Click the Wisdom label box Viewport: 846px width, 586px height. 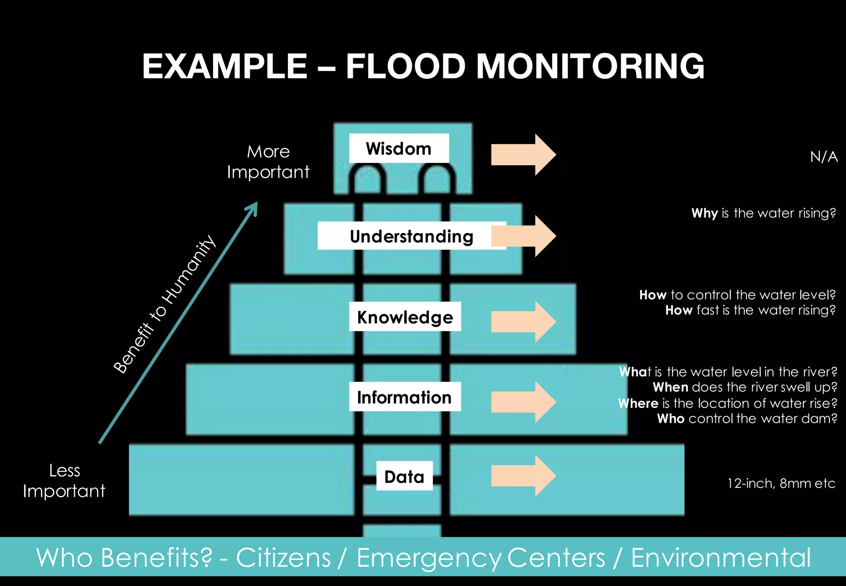pyautogui.click(x=399, y=148)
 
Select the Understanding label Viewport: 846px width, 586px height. pyautogui.click(x=411, y=236)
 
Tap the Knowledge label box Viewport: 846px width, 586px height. pyautogui.click(x=405, y=317)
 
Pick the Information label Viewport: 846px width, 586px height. pyautogui.click(x=404, y=397)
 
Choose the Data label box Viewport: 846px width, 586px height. pyautogui.click(x=404, y=476)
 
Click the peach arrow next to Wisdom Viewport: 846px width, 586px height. pyautogui.click(x=523, y=155)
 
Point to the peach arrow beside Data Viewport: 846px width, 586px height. pyautogui.click(x=523, y=476)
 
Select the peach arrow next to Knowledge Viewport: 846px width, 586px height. pyautogui.click(x=523, y=322)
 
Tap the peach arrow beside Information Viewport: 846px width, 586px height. pyautogui.click(x=523, y=402)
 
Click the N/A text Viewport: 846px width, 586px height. pyautogui.click(x=824, y=157)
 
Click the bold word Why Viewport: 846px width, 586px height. pyautogui.click(x=705, y=213)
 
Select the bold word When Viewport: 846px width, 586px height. pyautogui.click(x=670, y=387)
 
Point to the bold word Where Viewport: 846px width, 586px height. pyautogui.click(x=638, y=403)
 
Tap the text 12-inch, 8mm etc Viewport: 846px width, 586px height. pyautogui.click(x=781, y=483)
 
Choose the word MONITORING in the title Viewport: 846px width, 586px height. pyautogui.click(x=591, y=66)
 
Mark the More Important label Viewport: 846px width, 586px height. pyautogui.click(x=269, y=162)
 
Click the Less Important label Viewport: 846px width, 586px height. pyautogui.click(x=64, y=481)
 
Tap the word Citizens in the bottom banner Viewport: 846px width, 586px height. pyautogui.click(x=283, y=557)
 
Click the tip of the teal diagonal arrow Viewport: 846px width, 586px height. pyautogui.click(x=257, y=202)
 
